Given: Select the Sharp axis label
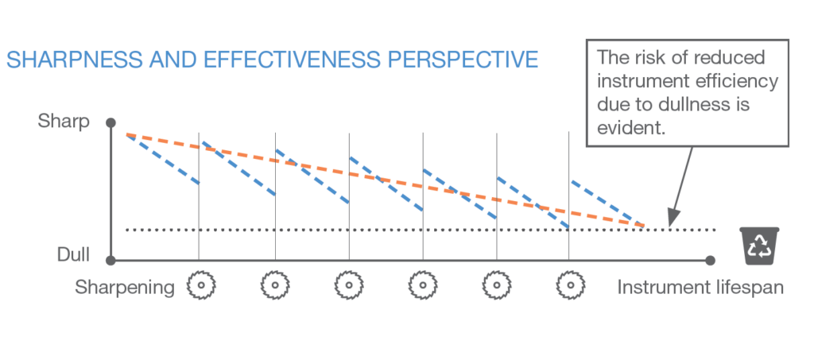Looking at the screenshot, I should point(64,122).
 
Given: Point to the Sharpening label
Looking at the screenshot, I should point(125,287).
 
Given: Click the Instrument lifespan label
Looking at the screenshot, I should point(700,287).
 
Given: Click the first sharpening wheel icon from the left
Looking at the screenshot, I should point(202,285).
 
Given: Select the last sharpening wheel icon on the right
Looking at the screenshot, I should point(569,285).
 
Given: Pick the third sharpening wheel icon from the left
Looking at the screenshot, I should point(349,285).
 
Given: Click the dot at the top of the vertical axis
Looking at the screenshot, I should point(110,122).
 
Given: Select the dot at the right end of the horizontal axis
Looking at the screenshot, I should point(711,260).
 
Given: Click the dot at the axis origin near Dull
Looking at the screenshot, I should point(110,260).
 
